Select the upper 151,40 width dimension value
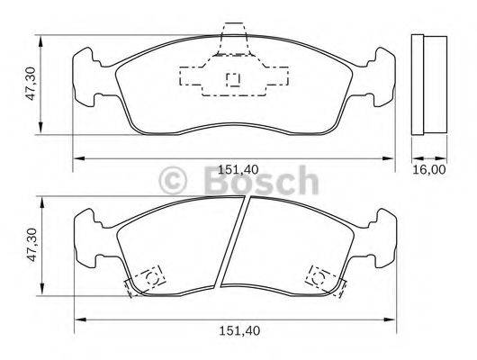(x=239, y=169)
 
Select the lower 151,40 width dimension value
(x=239, y=330)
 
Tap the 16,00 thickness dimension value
(x=430, y=169)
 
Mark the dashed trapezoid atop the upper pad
(x=234, y=36)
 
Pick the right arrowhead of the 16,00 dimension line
(x=446, y=158)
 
